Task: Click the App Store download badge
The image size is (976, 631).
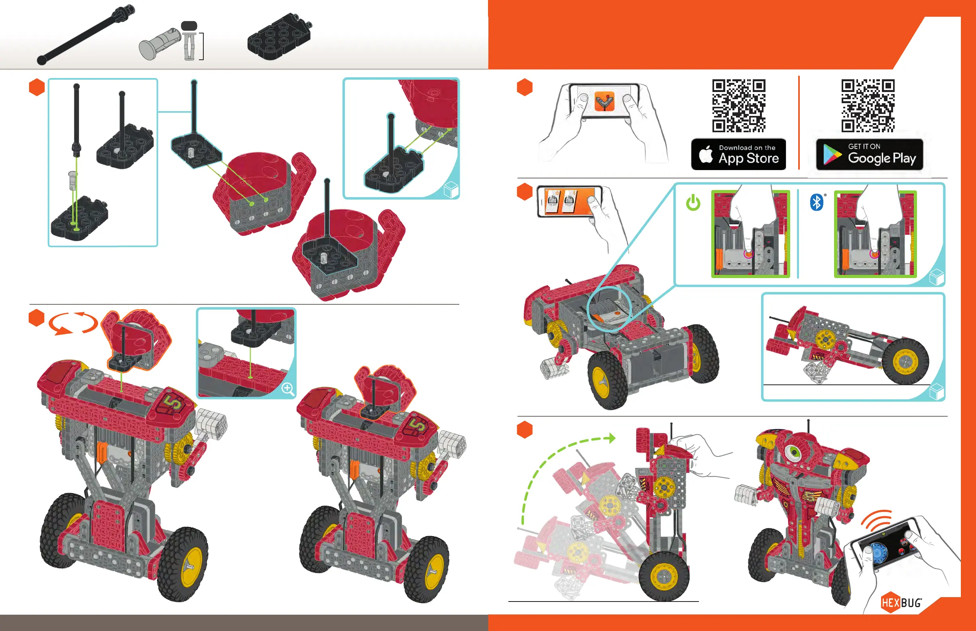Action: pyautogui.click(x=738, y=154)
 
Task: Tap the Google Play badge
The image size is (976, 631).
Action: pyautogui.click(x=870, y=155)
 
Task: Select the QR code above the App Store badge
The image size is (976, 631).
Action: pyautogui.click(x=738, y=106)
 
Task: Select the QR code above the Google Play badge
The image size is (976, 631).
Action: pyautogui.click(x=868, y=106)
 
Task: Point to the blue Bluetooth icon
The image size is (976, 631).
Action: pyautogui.click(x=817, y=202)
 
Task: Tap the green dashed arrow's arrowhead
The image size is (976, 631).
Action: pyautogui.click(x=612, y=438)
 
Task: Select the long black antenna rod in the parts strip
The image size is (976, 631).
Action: pyautogui.click(x=86, y=34)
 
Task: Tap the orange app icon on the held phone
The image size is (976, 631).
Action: pyautogui.click(x=604, y=101)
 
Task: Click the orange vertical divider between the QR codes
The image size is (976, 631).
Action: pyautogui.click(x=799, y=123)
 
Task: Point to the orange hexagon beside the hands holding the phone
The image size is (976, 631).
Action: pyautogui.click(x=525, y=87)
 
